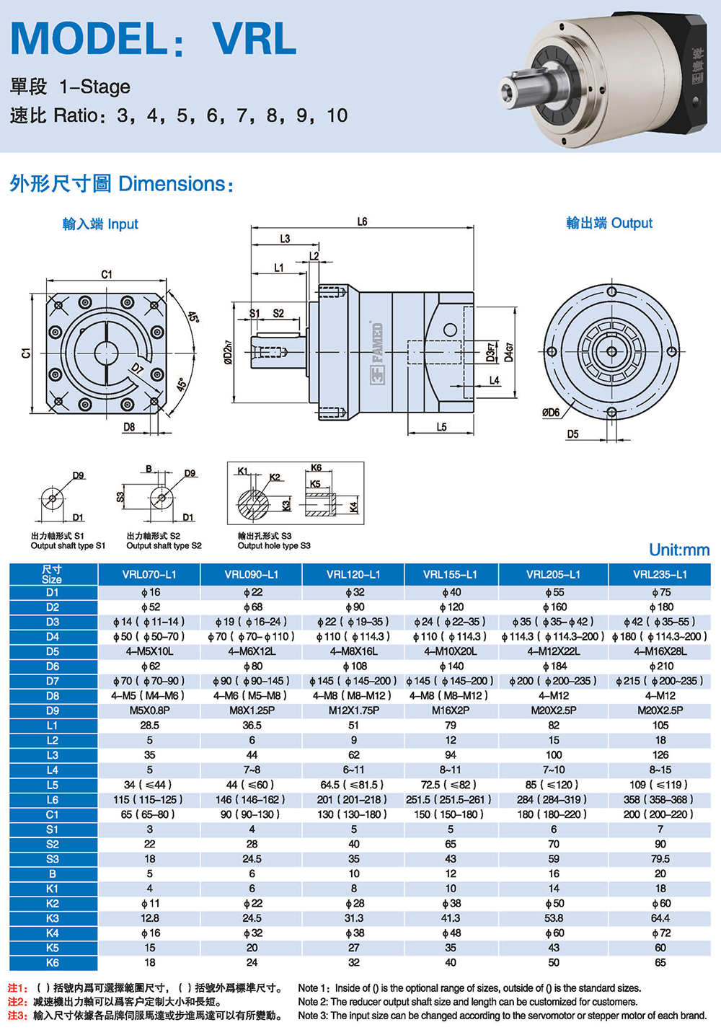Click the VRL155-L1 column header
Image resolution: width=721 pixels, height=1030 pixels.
(450, 575)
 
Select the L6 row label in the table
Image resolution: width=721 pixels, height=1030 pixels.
(53, 800)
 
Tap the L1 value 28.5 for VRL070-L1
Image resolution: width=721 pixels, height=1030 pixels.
(149, 726)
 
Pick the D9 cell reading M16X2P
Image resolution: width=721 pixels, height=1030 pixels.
(450, 710)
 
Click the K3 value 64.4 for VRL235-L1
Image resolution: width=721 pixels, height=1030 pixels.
(660, 918)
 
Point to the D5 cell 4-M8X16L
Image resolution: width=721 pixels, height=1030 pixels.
(353, 651)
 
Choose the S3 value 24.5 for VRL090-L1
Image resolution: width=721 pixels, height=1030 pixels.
(252, 859)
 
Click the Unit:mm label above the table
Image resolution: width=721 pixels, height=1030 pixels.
(678, 550)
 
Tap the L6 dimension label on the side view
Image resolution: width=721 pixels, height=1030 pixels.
(362, 222)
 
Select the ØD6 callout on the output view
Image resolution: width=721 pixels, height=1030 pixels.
(551, 413)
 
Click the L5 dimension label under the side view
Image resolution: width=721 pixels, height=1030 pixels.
(441, 427)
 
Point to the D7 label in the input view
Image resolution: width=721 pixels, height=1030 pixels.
(137, 369)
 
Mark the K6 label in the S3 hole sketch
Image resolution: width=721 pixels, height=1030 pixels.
(316, 468)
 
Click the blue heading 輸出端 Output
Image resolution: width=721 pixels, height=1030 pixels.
(609, 224)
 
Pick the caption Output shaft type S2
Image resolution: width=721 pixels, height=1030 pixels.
(164, 546)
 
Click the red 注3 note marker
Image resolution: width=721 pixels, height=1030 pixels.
(17, 1016)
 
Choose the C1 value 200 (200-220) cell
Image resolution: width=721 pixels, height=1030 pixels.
(660, 814)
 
